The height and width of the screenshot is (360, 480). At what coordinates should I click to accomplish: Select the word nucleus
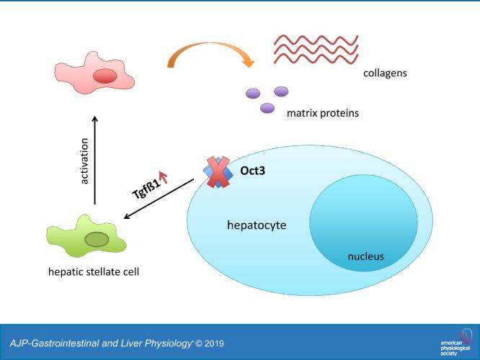(365, 256)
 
